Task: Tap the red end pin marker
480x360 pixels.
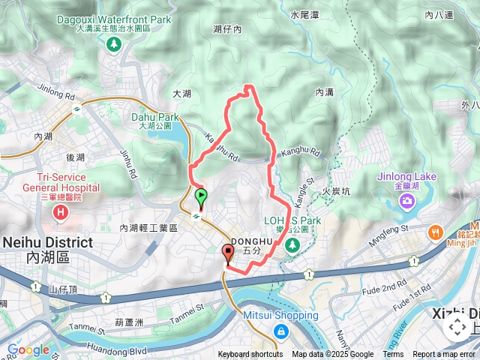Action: [228, 253]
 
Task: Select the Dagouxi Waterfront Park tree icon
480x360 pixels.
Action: [114, 44]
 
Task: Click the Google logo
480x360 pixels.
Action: [28, 349]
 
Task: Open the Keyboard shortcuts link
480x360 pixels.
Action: [250, 355]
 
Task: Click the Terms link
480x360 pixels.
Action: [393, 355]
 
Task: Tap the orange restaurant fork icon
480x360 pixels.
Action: [435, 232]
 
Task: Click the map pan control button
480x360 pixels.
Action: [455, 327]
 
